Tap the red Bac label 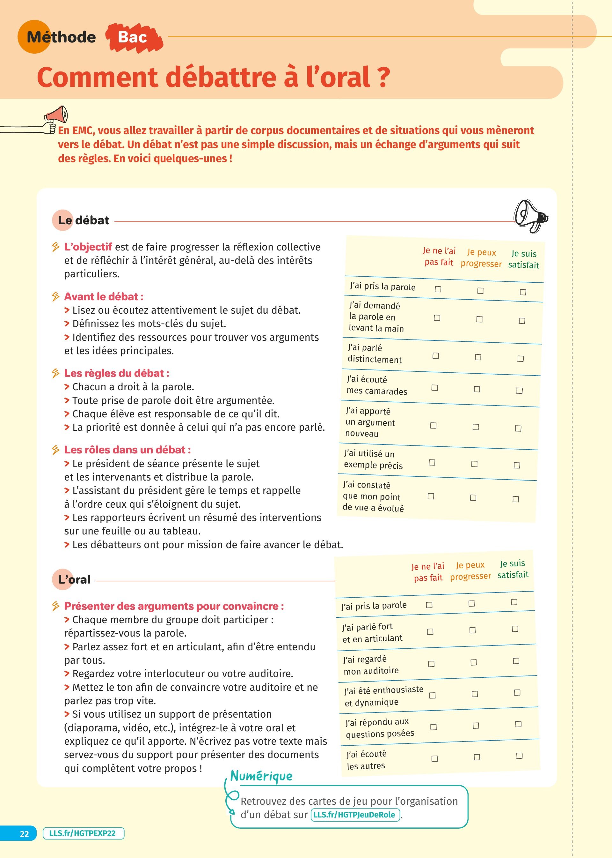(x=133, y=37)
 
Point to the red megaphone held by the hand (x=56, y=116)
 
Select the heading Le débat (x=83, y=220)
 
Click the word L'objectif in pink (x=88, y=247)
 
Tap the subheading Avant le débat (x=104, y=297)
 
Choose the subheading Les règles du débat (x=116, y=373)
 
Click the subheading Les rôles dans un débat (x=127, y=450)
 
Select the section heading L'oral (x=74, y=580)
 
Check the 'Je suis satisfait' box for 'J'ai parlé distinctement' (x=521, y=359)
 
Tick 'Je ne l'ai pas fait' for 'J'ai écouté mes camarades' (x=434, y=388)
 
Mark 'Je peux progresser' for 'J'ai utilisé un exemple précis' (x=474, y=464)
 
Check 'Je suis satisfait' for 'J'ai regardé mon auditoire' (x=516, y=661)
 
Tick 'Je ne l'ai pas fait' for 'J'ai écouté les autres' (x=434, y=758)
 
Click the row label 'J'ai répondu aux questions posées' (x=380, y=728)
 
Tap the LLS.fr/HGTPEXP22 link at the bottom (x=83, y=833)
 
